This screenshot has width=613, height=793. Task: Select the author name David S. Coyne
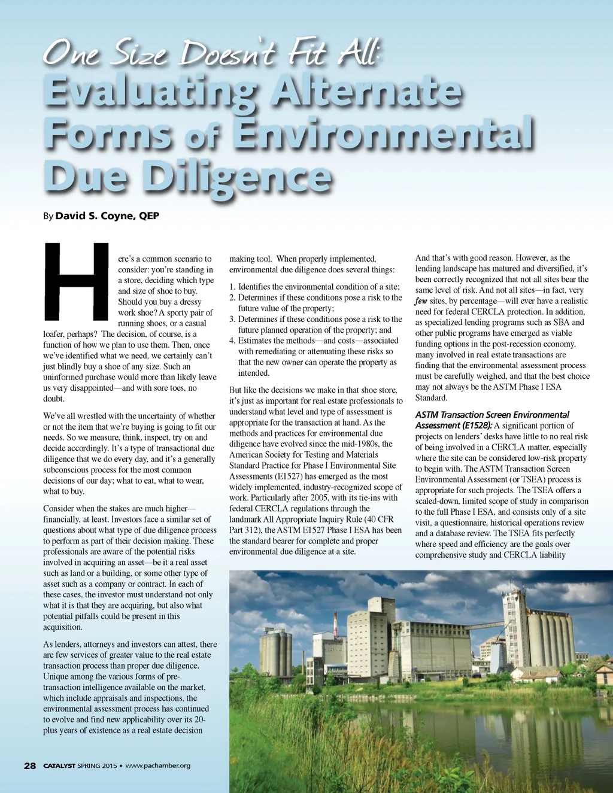coord(107,216)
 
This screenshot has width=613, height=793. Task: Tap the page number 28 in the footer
coord(30,765)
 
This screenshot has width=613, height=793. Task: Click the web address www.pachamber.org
coord(158,765)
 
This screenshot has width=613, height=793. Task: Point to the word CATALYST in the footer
coord(59,765)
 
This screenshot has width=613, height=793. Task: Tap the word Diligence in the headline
coord(238,178)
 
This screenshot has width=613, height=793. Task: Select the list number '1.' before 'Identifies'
coord(232,287)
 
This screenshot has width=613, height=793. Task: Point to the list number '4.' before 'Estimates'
coord(232,341)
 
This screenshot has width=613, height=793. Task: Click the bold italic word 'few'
coord(420,301)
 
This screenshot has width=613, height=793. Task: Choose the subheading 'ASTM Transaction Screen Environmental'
coord(492,415)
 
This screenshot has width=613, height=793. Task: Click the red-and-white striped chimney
coord(335,624)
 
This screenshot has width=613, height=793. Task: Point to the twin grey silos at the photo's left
coord(276,652)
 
